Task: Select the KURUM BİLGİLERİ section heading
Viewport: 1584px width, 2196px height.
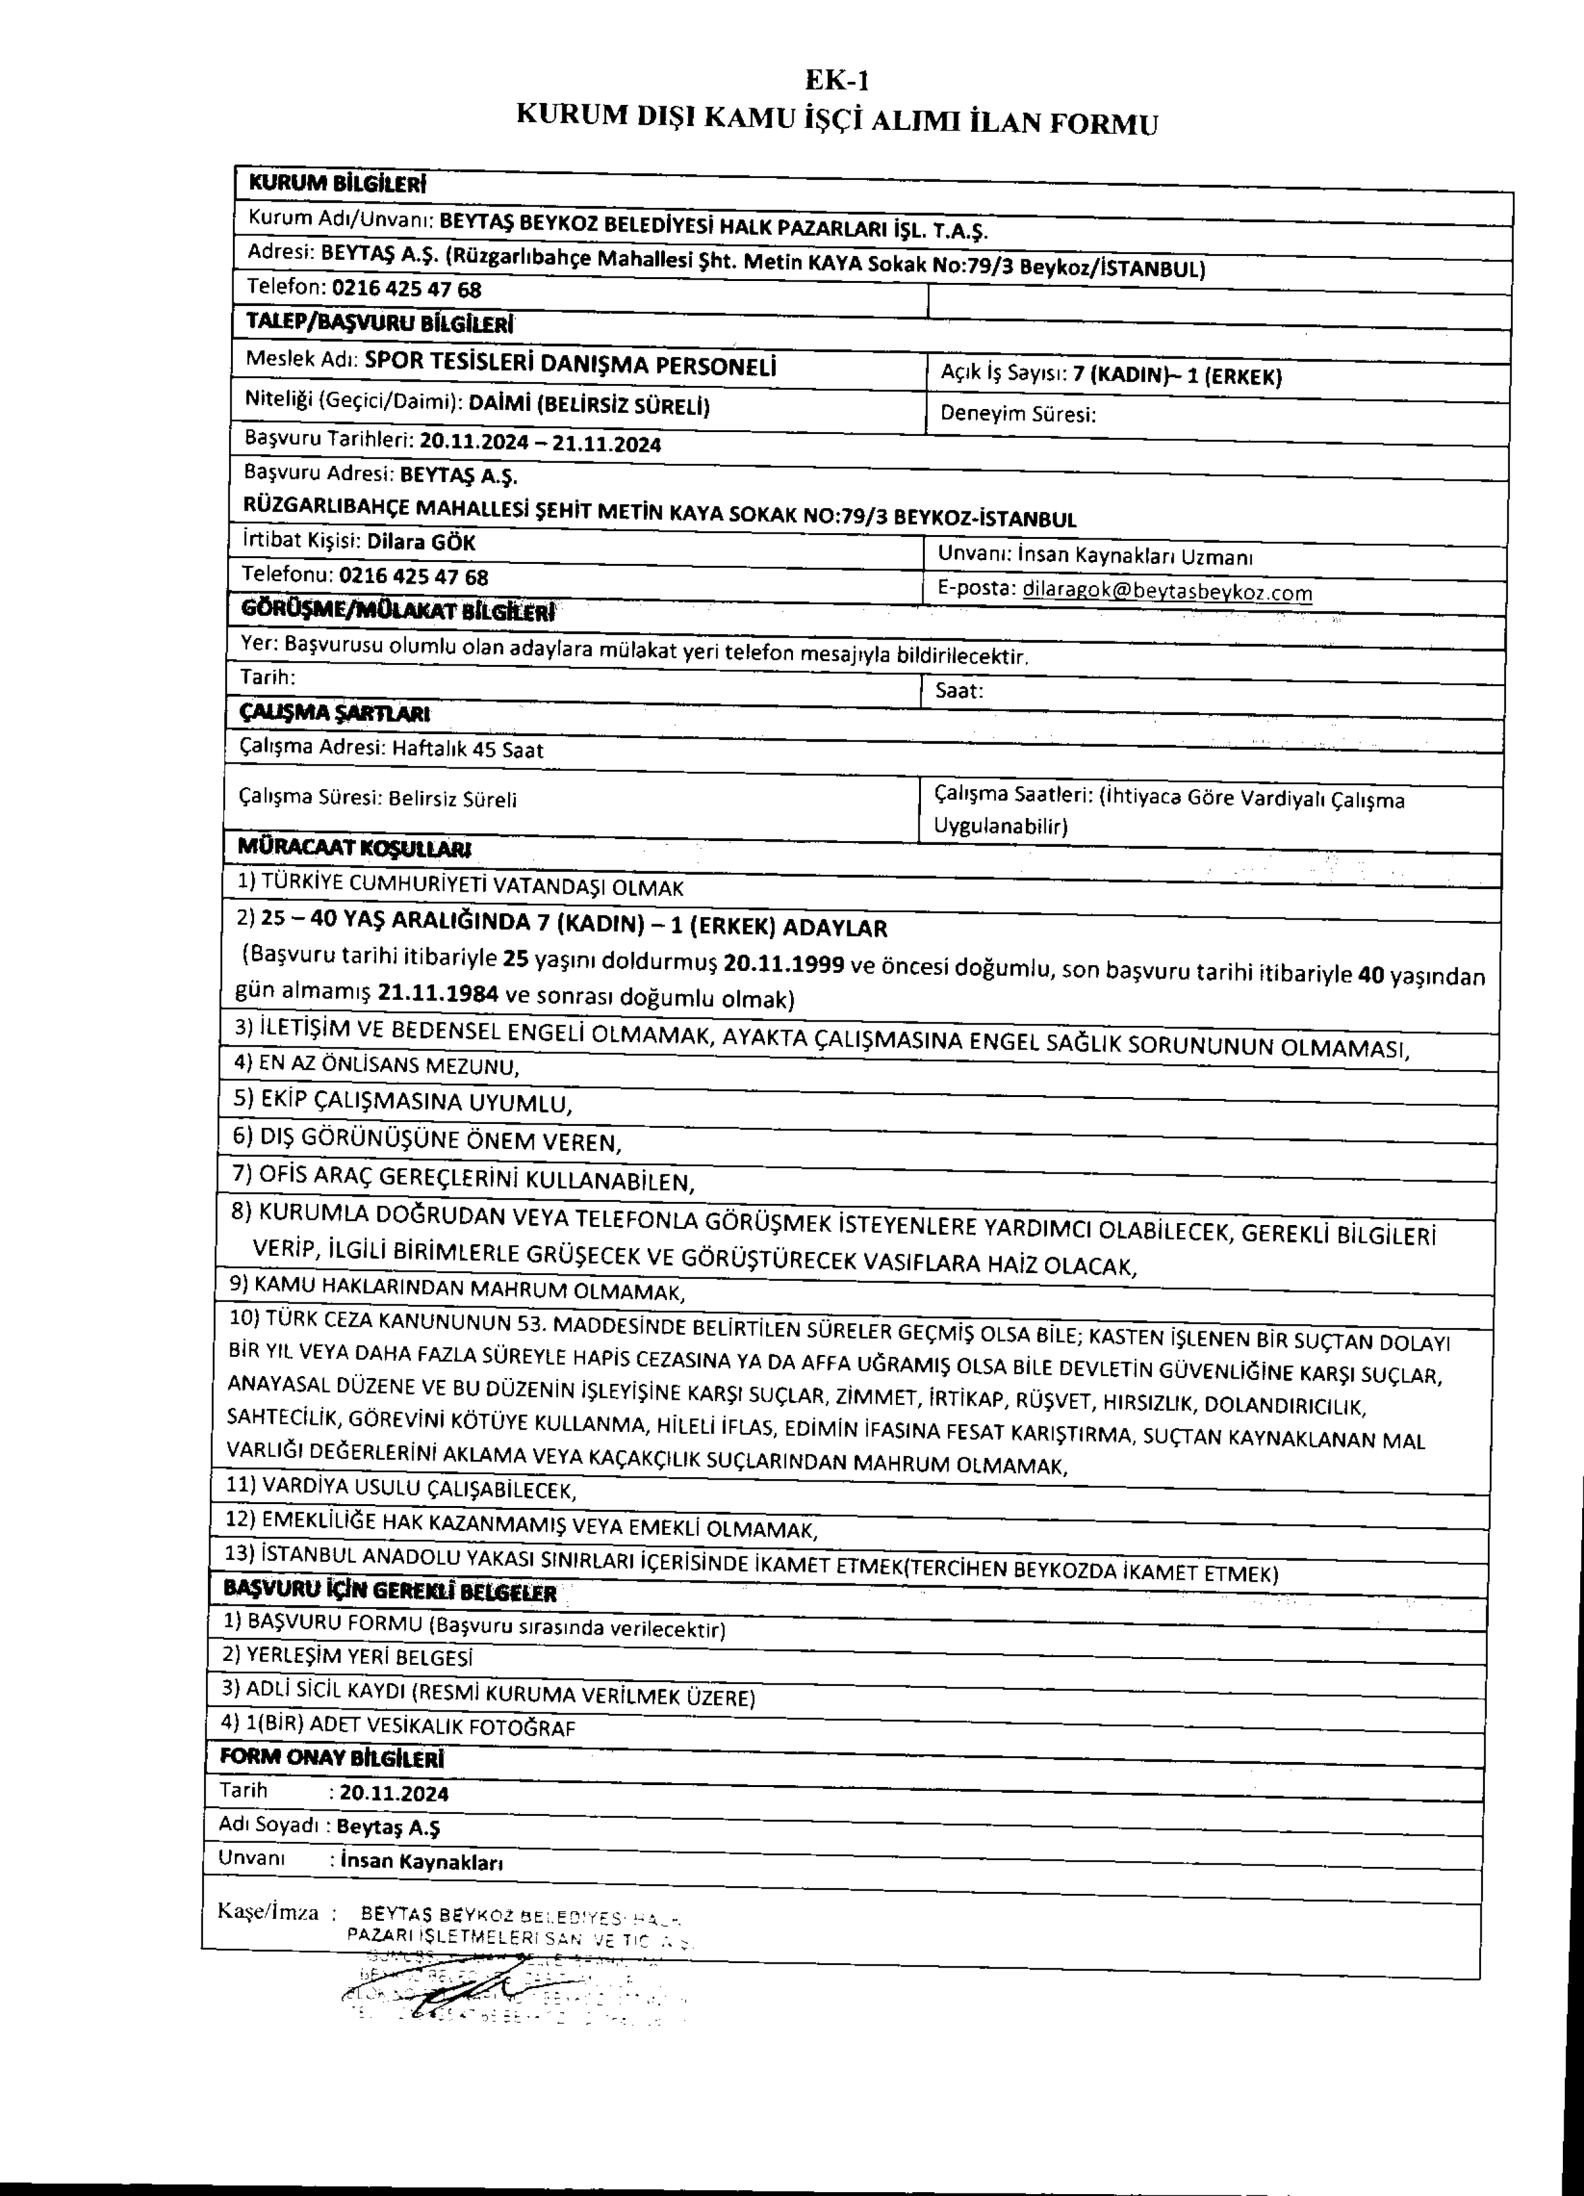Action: click(337, 183)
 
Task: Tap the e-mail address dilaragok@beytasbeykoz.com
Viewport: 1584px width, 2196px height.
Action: click(1167, 591)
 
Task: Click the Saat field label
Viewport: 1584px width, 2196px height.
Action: click(959, 691)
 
